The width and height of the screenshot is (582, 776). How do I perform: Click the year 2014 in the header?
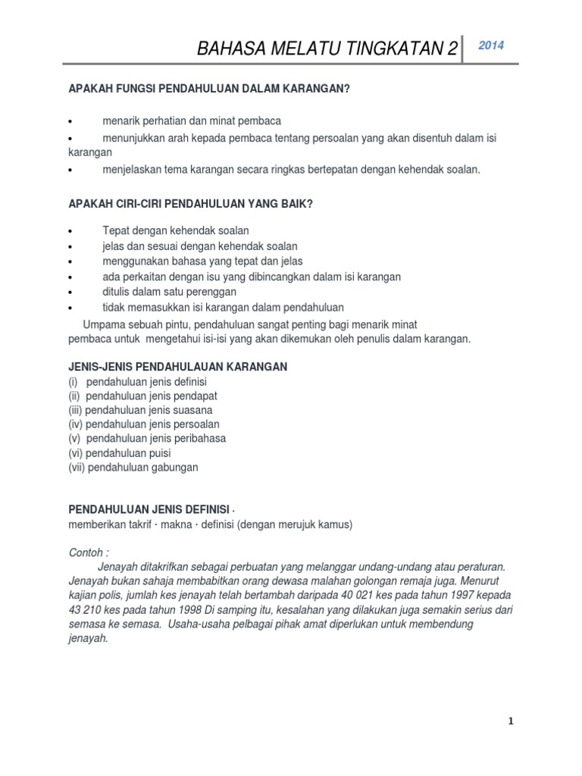pos(492,45)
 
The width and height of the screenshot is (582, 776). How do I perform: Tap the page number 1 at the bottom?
pos(511,721)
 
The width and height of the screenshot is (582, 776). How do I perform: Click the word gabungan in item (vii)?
pos(174,468)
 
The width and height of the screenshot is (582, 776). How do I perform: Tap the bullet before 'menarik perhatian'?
pos(70,122)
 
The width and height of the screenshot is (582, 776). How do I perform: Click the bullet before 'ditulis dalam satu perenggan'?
pos(70,292)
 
